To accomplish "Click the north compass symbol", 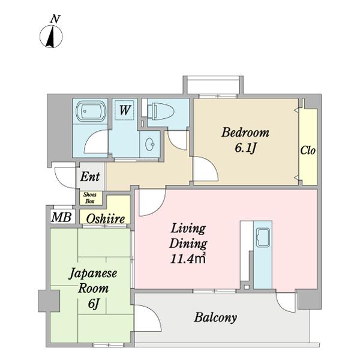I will [x=52, y=38].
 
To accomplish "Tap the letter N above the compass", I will [x=55, y=19].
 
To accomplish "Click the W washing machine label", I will [x=125, y=110].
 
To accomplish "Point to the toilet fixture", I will [x=162, y=110].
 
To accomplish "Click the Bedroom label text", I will [x=245, y=133].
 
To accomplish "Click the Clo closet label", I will [x=308, y=150].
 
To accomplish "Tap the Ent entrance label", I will [x=91, y=178].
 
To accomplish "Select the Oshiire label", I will [x=106, y=220].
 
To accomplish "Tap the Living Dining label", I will [x=188, y=236].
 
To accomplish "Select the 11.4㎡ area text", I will [x=189, y=260].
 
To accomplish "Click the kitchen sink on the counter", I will [x=263, y=238].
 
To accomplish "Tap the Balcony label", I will [x=215, y=317].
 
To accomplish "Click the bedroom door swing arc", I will [x=204, y=169].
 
